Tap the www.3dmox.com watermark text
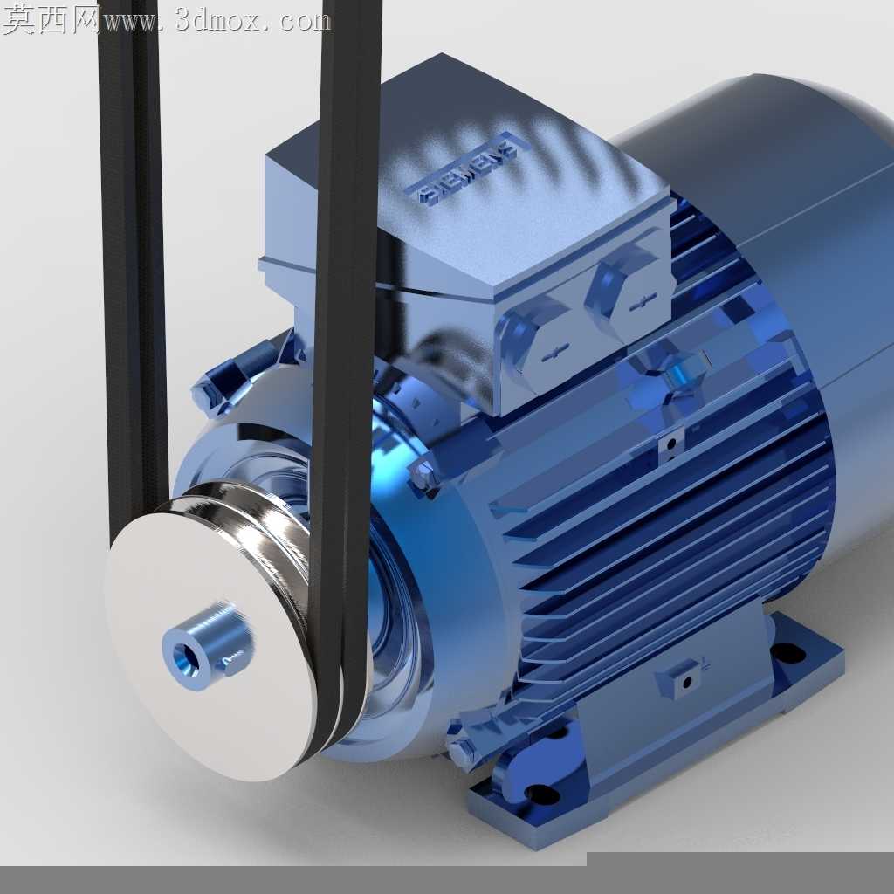(217, 22)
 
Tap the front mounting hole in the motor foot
(540, 793)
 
